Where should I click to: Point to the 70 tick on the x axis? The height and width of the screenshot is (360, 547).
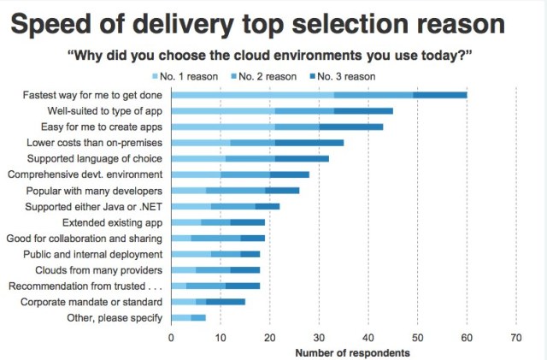pos(515,337)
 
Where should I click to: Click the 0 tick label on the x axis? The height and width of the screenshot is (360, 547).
pos(172,337)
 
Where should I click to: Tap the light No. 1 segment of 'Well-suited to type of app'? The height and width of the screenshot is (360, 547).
pos(223,110)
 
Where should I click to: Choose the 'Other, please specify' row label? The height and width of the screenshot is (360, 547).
pos(115,318)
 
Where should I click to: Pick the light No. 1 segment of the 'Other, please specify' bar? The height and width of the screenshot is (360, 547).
pos(181,318)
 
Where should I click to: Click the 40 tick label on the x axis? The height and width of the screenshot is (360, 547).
pos(368,337)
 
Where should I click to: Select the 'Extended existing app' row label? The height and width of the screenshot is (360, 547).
pos(111,222)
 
